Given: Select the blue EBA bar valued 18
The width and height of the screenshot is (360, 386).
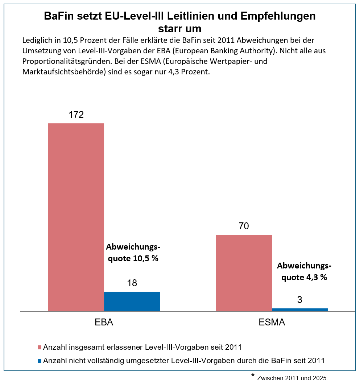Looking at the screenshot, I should [x=132, y=301].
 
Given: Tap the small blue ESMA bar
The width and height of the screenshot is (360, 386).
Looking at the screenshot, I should [x=300, y=309].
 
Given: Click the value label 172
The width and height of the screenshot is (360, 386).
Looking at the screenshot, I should [x=76, y=115].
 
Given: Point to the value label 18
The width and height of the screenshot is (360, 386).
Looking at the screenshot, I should [x=132, y=283].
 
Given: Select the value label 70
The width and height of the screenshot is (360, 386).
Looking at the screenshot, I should [x=244, y=226].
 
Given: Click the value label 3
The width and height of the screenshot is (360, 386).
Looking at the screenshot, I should [x=300, y=300].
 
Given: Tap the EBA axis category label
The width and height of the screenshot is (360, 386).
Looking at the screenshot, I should [x=104, y=323].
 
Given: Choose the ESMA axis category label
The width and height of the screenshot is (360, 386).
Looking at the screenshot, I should [x=272, y=323].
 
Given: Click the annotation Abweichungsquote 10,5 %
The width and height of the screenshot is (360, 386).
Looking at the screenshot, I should [x=133, y=253].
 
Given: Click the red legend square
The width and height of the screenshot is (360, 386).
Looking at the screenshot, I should [x=40, y=348].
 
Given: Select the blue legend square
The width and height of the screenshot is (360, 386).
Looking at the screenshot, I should [x=40, y=361].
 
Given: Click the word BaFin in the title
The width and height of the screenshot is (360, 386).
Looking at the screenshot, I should [x=60, y=16].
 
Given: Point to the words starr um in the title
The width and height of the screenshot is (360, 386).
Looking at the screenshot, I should [x=179, y=28].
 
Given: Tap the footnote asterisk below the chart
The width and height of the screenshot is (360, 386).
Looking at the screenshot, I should [x=253, y=376].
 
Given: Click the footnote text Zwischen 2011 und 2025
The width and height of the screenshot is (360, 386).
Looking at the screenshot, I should [x=292, y=378].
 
